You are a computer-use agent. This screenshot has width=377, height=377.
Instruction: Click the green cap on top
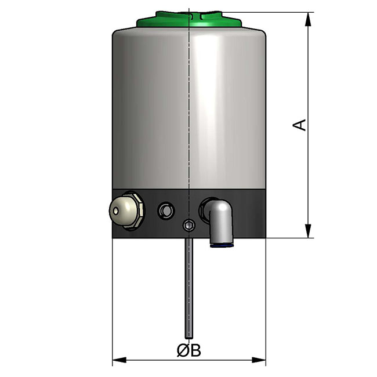(x=189, y=19)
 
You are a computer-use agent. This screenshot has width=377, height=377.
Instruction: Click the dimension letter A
(x=299, y=125)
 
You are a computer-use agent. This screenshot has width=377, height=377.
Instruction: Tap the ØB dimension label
(x=188, y=350)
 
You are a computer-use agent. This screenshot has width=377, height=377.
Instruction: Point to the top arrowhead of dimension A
(x=308, y=19)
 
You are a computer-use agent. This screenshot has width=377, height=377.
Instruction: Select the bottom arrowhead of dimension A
(x=308, y=231)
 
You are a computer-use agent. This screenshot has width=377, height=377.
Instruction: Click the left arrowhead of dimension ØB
(x=119, y=360)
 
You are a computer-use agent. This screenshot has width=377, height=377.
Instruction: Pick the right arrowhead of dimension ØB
(x=259, y=360)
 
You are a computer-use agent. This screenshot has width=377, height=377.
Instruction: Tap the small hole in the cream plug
(x=116, y=211)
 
